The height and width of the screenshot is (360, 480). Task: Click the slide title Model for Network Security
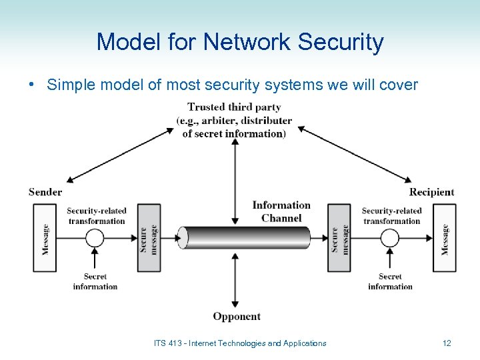(x=240, y=42)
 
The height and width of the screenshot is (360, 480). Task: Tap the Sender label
(x=45, y=192)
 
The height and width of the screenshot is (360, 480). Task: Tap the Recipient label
(x=431, y=192)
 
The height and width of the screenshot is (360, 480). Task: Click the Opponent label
(x=237, y=316)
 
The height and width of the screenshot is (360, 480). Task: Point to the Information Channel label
(x=281, y=211)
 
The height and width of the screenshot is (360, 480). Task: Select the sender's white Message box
(x=45, y=238)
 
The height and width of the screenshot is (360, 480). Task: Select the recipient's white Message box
(x=445, y=238)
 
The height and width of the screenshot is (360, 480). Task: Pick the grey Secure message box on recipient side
(x=339, y=238)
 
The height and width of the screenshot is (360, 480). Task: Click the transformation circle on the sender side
(x=95, y=238)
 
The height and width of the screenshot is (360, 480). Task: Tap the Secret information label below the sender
(x=95, y=281)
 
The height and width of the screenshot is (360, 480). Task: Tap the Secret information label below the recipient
(x=390, y=281)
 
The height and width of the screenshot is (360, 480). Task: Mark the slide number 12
(x=447, y=343)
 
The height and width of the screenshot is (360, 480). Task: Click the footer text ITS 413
(x=240, y=343)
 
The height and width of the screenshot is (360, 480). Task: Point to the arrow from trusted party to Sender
(x=120, y=155)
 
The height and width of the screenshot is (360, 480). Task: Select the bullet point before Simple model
(x=32, y=85)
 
